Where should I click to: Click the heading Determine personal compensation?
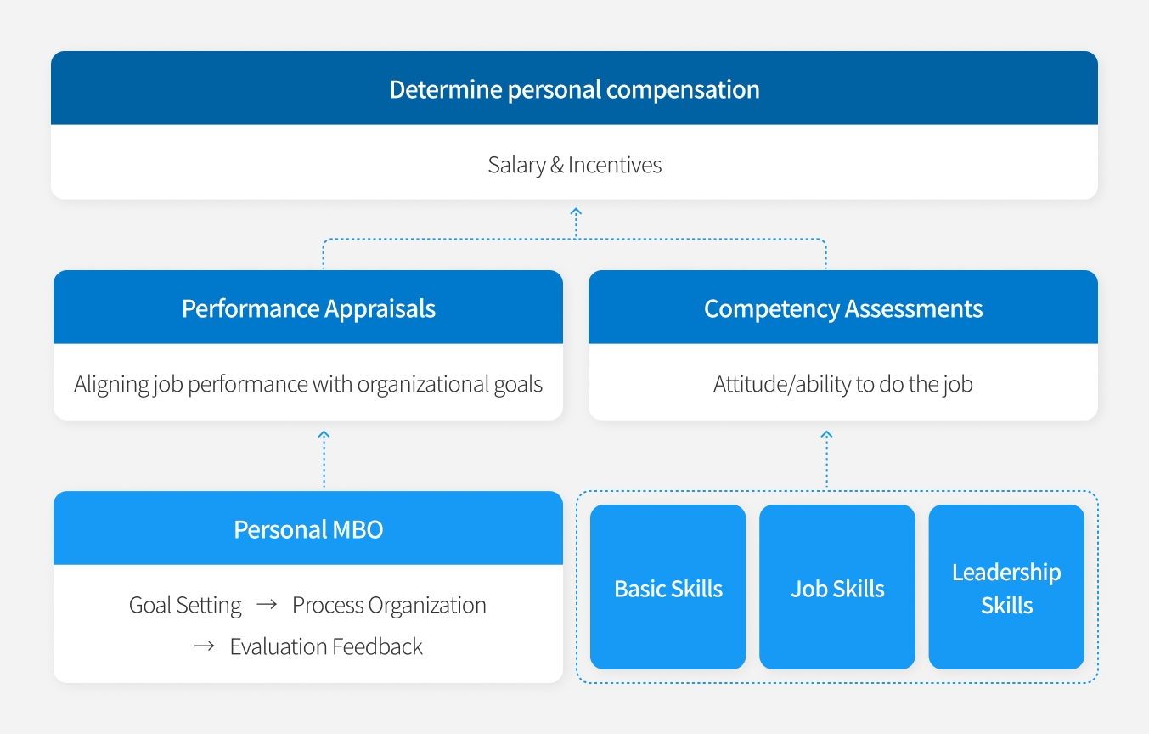click(x=574, y=89)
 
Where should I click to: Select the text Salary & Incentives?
click(x=574, y=165)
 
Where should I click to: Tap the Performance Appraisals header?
click(x=308, y=308)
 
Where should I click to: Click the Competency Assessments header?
click(x=843, y=308)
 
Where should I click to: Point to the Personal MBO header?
click(x=308, y=529)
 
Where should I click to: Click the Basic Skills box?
click(x=667, y=587)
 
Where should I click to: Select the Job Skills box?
click(x=837, y=587)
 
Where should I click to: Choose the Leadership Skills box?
click(x=1006, y=587)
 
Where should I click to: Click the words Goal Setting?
click(x=185, y=605)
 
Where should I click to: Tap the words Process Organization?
click(x=389, y=605)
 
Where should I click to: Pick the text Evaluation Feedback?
click(x=326, y=646)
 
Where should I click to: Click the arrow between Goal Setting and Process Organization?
click(x=267, y=605)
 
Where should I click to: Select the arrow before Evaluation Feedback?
click(x=204, y=646)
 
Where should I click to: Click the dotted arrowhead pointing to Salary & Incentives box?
click(x=576, y=211)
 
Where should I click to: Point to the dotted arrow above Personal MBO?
click(x=324, y=459)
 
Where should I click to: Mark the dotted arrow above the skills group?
click(x=826, y=460)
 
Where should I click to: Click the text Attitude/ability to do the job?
click(x=843, y=384)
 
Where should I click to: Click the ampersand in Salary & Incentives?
click(x=556, y=165)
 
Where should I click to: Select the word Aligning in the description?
click(x=110, y=384)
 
